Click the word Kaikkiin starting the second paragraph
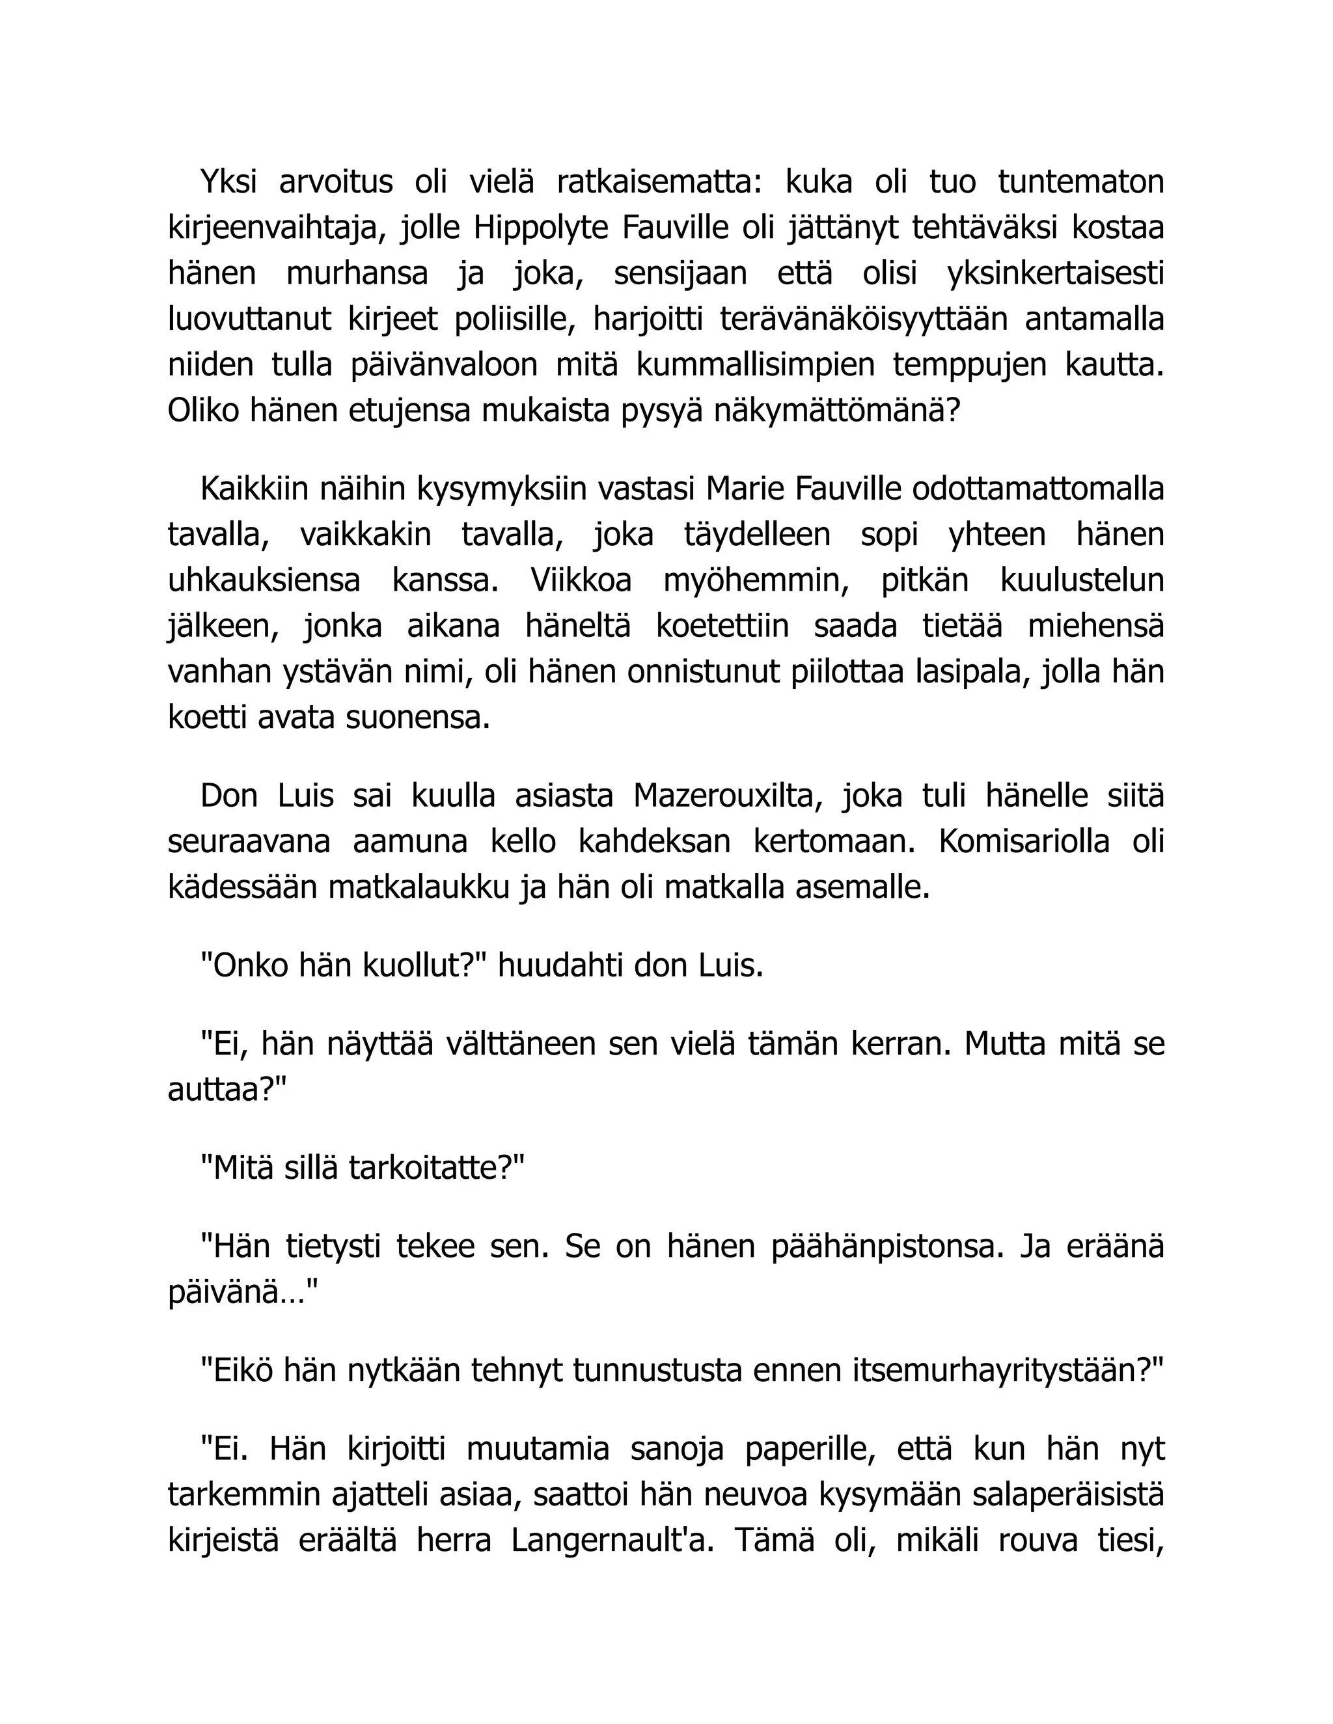click(254, 489)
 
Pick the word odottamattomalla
click(1038, 489)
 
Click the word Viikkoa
click(581, 581)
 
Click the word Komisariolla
click(1024, 842)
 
